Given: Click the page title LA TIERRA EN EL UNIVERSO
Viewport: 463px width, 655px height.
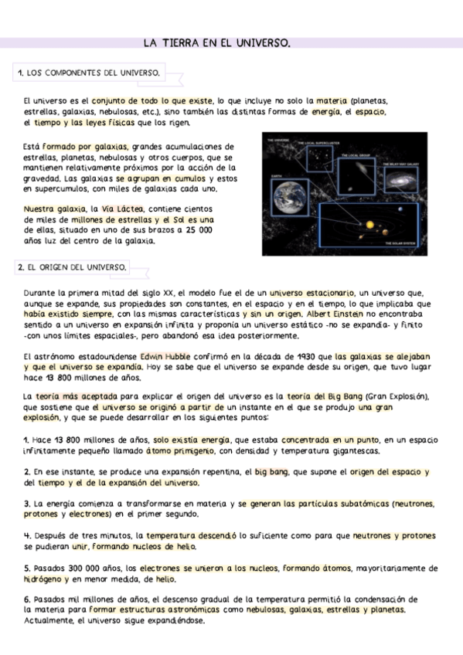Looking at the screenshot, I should tap(217, 43).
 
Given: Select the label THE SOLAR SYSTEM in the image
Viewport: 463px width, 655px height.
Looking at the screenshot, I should tap(402, 243).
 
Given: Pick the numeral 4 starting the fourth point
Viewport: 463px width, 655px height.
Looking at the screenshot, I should tap(27, 535).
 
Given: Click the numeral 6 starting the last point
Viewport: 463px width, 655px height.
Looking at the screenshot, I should tap(27, 599).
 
